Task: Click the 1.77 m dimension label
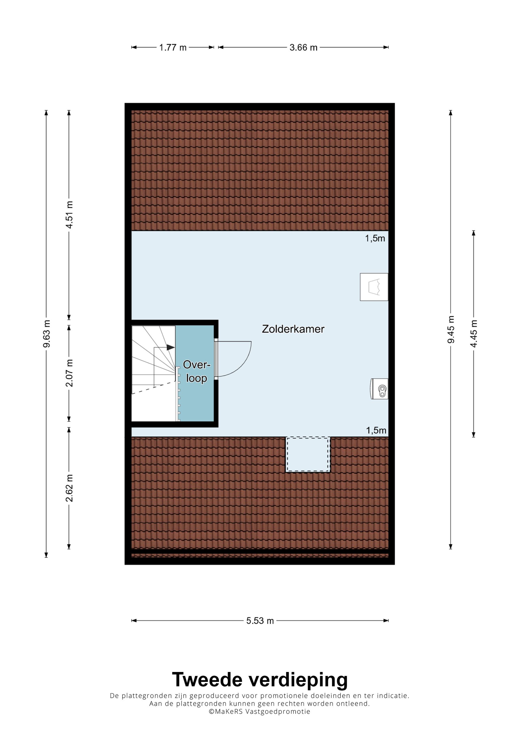coord(173,48)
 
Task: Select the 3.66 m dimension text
coord(303,48)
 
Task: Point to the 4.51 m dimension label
coord(69,214)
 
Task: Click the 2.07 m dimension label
coord(69,373)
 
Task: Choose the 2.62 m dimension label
coord(69,488)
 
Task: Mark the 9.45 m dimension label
coord(451,330)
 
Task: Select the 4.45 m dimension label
coord(474,334)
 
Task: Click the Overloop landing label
coord(196,371)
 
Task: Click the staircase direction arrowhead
coord(171,347)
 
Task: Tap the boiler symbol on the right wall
coord(379,389)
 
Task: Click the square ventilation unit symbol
coord(374,287)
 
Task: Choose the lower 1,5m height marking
coord(376,430)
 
